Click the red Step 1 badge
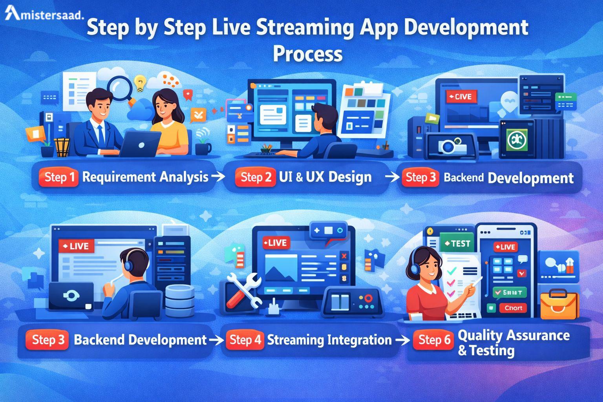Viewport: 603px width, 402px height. point(59,177)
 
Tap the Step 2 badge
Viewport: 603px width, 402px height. point(256,177)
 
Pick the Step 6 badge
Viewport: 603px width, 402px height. point(433,340)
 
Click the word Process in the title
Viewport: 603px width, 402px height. point(307,54)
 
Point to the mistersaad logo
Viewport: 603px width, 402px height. point(44,15)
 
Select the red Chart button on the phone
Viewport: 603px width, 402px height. point(513,308)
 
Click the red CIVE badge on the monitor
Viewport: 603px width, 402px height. point(462,97)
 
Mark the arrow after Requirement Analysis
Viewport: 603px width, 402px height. point(217,177)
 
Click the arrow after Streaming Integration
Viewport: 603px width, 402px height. point(402,340)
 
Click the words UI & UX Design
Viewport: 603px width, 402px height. point(325,177)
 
